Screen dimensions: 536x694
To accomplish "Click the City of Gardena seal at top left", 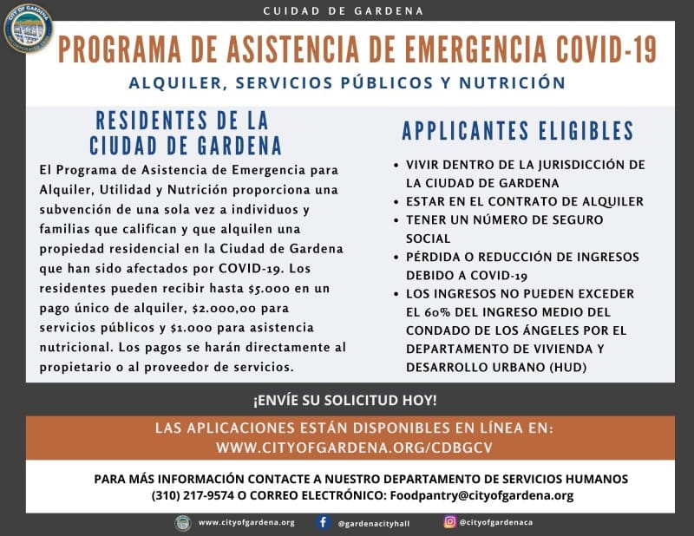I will [28, 28].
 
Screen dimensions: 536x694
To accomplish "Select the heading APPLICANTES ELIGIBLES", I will [517, 131].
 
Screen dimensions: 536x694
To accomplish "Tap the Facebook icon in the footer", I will [323, 522].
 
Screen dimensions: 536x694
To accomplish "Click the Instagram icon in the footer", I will [449, 522].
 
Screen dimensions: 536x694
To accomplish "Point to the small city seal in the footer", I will [183, 522].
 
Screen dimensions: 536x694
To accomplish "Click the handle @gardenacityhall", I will [375, 523].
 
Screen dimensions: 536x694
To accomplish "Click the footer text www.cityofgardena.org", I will [246, 523].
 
